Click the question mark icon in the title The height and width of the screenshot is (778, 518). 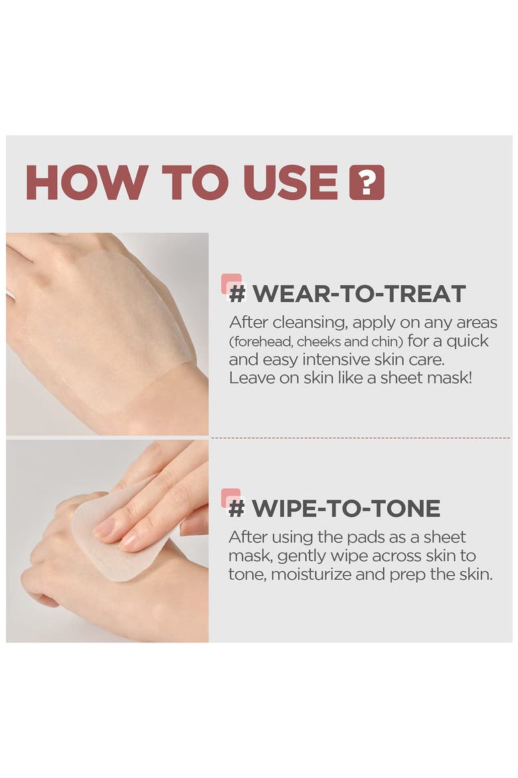(x=367, y=182)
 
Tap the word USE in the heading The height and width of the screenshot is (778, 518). (x=290, y=182)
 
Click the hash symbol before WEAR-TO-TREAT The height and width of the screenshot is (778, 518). (x=238, y=293)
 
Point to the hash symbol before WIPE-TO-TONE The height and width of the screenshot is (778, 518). (x=236, y=508)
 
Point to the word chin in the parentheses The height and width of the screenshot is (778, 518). (x=386, y=341)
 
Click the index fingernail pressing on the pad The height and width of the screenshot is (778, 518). (x=104, y=527)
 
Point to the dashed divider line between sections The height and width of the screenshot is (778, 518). (x=361, y=438)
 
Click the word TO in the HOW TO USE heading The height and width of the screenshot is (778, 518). (x=195, y=182)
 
